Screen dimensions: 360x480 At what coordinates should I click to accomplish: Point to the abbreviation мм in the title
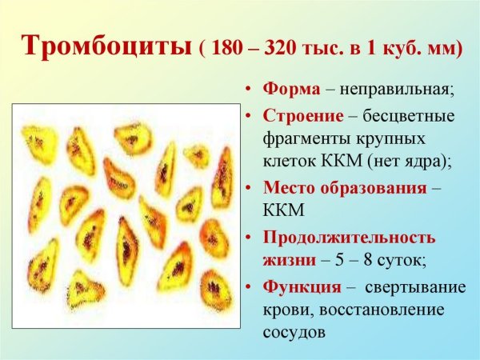[443, 47]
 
